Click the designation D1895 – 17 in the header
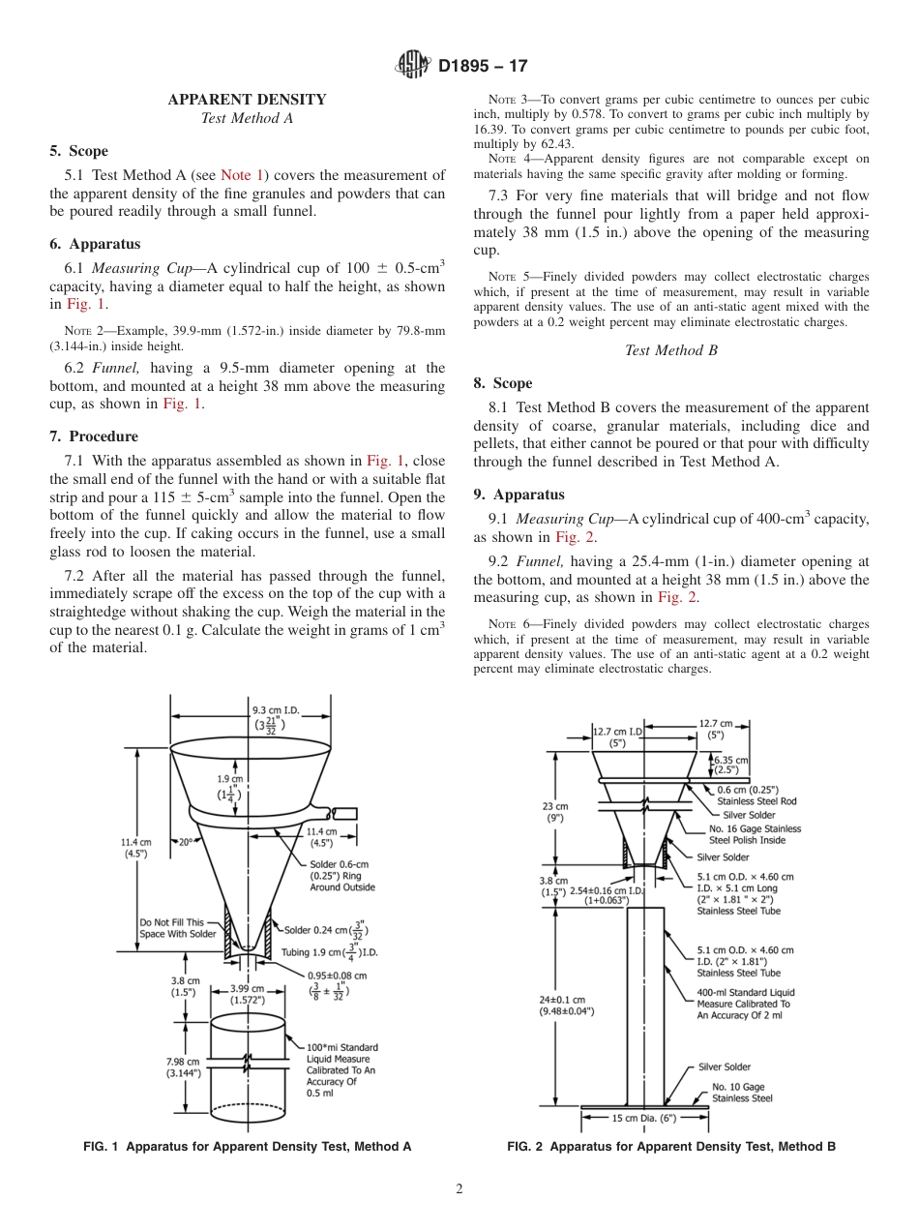click(x=483, y=67)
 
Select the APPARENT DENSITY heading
click(x=247, y=100)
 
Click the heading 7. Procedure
click(x=94, y=436)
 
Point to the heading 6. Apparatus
click(x=95, y=244)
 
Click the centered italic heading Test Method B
click(x=670, y=350)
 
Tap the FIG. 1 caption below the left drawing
click(x=247, y=1147)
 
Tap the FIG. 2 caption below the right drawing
click(x=670, y=1147)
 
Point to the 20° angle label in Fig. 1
click(x=186, y=842)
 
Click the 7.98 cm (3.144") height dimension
click(x=183, y=1066)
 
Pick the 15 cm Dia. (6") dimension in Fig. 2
click(x=643, y=1119)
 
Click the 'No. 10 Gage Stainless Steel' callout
click(x=742, y=1093)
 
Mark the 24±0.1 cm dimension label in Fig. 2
click(x=566, y=1005)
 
